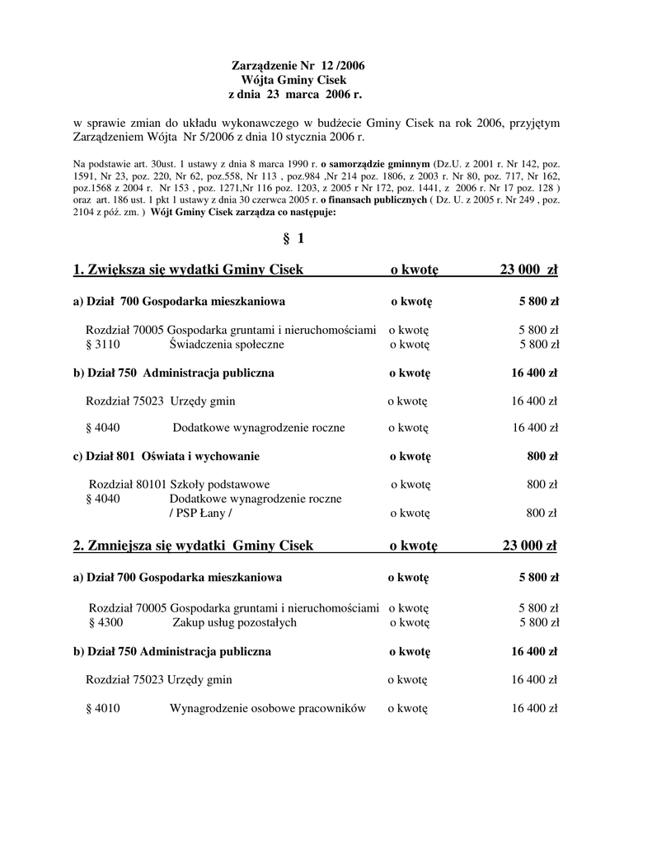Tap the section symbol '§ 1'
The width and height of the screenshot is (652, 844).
click(x=293, y=238)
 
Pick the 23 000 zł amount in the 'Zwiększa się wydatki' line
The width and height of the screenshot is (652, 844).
click(x=528, y=270)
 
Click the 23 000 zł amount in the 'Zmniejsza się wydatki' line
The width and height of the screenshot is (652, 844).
click(x=528, y=546)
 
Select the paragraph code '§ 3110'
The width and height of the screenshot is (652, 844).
click(x=102, y=345)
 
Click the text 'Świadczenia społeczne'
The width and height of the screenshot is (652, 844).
click(x=227, y=345)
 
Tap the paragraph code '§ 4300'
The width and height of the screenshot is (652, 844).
click(x=105, y=622)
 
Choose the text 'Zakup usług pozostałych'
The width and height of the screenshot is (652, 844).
click(x=234, y=622)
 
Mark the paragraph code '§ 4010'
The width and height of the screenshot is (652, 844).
click(x=102, y=708)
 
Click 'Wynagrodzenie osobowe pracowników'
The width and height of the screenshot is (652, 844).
click(x=267, y=708)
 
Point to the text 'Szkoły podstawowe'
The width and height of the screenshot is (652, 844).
click(x=219, y=484)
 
